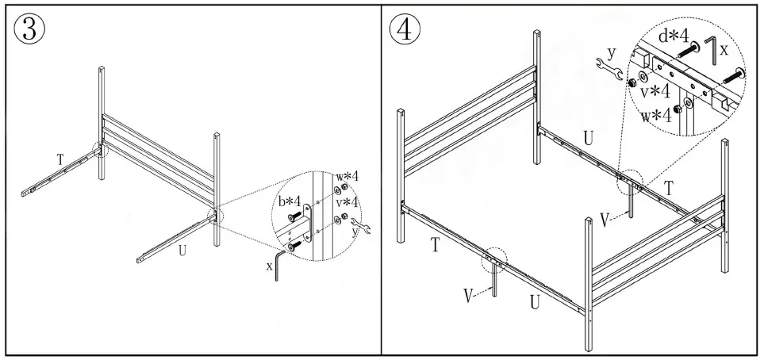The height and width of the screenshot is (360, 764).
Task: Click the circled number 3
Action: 29,30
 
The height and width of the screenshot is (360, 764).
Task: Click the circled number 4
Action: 405,30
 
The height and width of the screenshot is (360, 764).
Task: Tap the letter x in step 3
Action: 270,266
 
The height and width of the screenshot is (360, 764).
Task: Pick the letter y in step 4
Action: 610,51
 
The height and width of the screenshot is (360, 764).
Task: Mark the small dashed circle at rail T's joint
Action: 98,148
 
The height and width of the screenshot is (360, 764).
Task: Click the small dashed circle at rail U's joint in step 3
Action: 216,215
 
